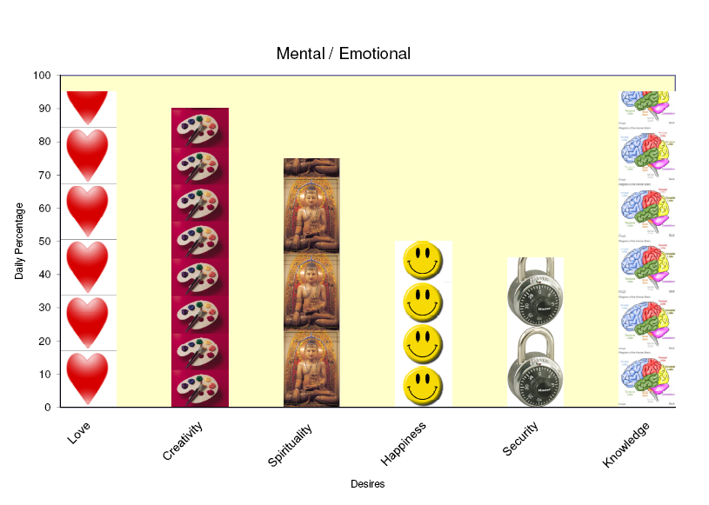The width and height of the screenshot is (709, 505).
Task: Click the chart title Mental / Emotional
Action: click(x=343, y=54)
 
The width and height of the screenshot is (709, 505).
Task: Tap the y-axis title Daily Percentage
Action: click(x=19, y=241)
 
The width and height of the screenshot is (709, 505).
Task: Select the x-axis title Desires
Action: click(x=367, y=483)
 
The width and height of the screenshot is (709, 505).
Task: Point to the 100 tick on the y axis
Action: click(x=42, y=76)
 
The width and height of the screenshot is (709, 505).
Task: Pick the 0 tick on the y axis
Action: click(x=48, y=407)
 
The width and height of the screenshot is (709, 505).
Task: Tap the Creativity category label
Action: click(x=183, y=442)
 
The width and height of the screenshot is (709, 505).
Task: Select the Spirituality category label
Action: click(x=290, y=445)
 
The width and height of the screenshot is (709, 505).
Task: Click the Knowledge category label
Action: click(x=626, y=444)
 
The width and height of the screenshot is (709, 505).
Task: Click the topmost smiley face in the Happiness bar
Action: click(x=422, y=260)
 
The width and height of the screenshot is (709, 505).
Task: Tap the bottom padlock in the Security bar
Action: click(x=534, y=369)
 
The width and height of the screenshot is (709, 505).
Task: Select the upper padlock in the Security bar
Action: click(x=534, y=292)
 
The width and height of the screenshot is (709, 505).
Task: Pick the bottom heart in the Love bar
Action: click(x=88, y=376)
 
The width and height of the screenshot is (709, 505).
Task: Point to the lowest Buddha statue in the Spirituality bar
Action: click(x=311, y=369)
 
